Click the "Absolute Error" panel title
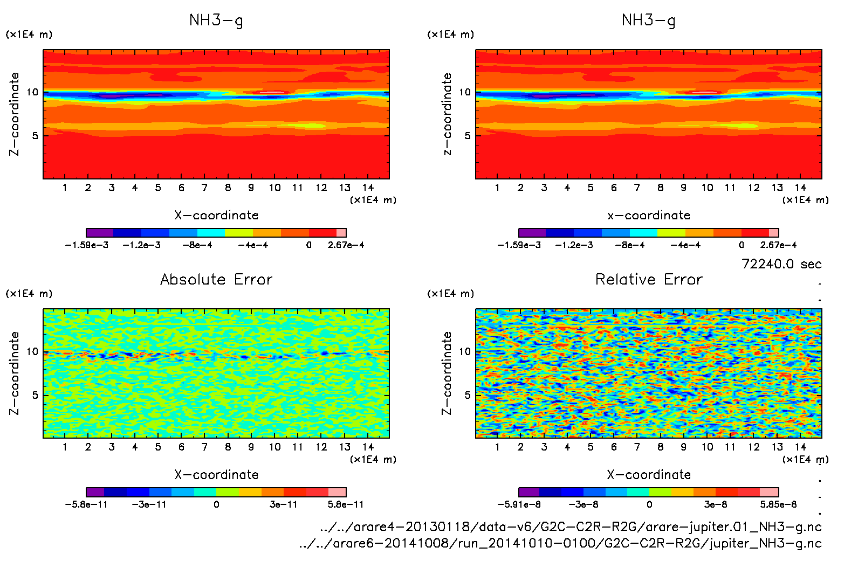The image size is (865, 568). click(216, 279)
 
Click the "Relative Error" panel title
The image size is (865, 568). click(649, 279)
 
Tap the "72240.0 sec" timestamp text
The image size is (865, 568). click(781, 264)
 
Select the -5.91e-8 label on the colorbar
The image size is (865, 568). click(519, 504)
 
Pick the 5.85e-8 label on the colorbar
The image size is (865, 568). click(778, 504)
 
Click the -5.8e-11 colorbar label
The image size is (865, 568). click(86, 504)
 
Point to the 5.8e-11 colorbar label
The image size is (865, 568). click(346, 504)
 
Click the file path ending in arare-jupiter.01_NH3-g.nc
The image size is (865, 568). click(571, 527)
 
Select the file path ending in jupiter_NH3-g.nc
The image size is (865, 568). click(560, 543)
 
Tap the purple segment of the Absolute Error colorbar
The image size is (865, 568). click(95, 492)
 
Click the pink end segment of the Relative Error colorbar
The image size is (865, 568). click(769, 492)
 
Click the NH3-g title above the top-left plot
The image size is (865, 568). click(216, 20)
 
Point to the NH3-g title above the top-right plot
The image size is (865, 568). click(649, 20)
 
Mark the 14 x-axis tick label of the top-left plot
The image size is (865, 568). click(368, 188)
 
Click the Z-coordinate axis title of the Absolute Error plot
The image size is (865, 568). click(15, 373)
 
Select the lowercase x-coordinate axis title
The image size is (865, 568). click(649, 216)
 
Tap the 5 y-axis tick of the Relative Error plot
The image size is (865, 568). click(468, 395)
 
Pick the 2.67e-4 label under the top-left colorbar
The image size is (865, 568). click(346, 245)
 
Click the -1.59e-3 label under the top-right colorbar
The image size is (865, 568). click(519, 245)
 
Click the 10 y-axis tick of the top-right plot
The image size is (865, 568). click(465, 92)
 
